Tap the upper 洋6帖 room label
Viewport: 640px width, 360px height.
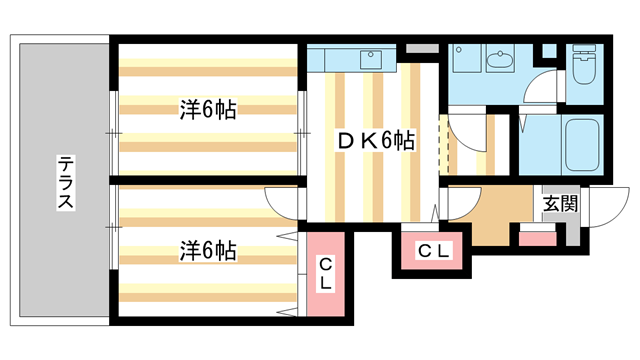click(208, 110)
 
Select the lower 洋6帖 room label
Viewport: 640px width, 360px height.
click(208, 249)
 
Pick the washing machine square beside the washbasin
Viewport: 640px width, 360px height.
click(465, 60)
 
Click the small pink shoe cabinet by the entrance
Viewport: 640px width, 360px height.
click(537, 238)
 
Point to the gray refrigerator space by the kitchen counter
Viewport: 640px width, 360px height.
click(421, 48)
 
